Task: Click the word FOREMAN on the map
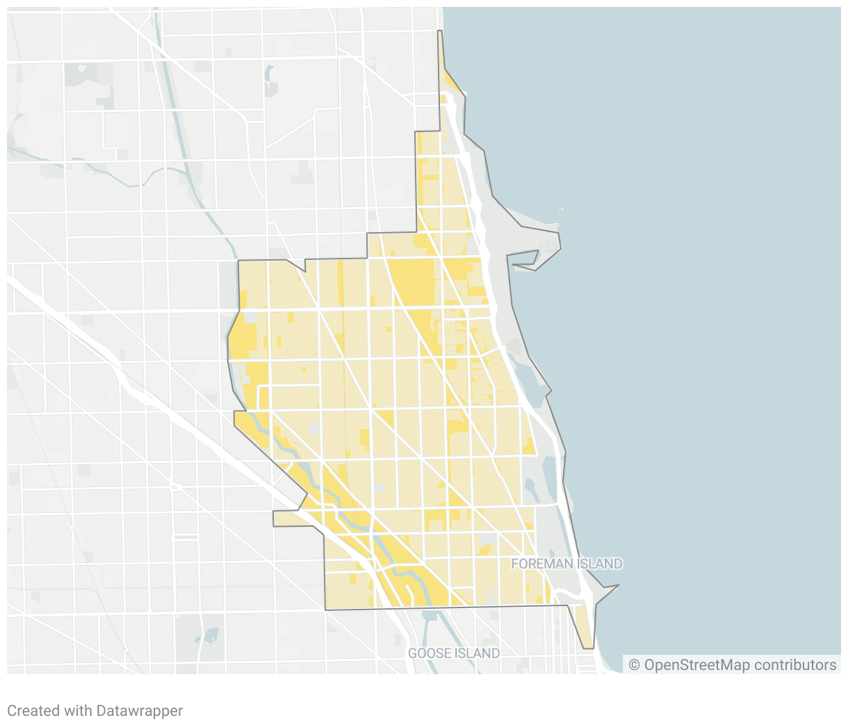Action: point(532,564)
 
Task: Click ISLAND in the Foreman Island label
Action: point(601,564)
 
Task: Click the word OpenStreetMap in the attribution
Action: point(687,665)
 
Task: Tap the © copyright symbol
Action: point(634,665)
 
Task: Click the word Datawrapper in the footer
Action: point(139,711)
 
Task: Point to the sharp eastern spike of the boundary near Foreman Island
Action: point(616,586)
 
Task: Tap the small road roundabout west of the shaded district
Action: point(176,487)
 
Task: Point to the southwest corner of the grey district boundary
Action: point(325,610)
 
